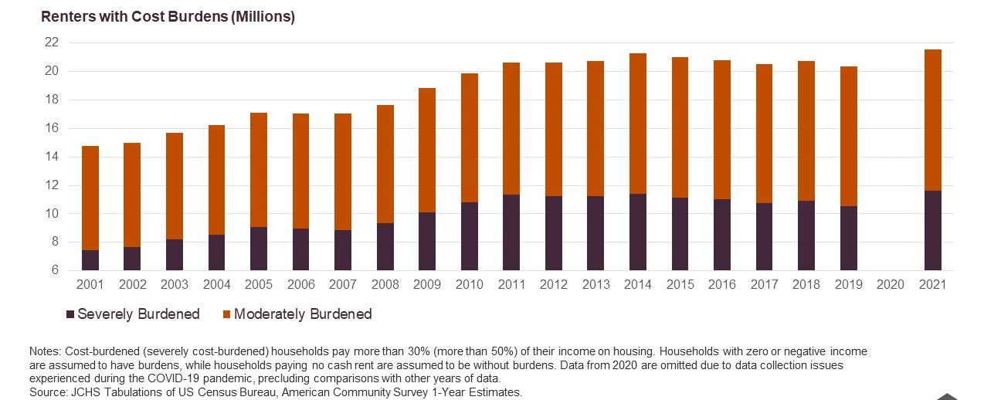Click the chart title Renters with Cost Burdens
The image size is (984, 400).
168,16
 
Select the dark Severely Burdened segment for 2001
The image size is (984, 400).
90,260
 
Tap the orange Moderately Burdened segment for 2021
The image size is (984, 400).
932,120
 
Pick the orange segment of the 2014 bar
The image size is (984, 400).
637,124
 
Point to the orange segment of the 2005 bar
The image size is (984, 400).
259,170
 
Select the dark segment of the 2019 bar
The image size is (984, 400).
847,238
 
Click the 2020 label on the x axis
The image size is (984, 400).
890,284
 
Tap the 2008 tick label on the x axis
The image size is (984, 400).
385,284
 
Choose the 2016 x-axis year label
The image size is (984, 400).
721,284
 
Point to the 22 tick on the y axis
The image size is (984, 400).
51,42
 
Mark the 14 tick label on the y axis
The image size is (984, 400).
51,157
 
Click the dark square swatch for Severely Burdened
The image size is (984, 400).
70,314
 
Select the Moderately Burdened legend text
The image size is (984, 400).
303,314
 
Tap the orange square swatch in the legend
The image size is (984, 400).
226,314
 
